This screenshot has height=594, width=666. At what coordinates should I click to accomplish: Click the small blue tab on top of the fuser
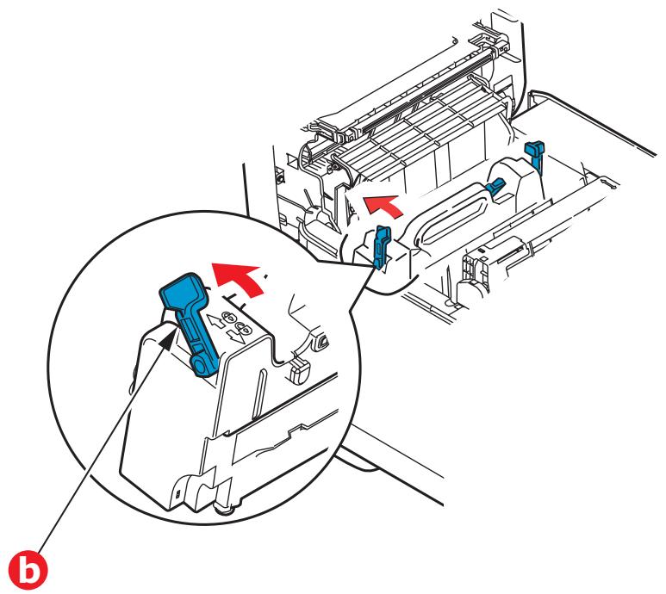pos(495,184)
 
